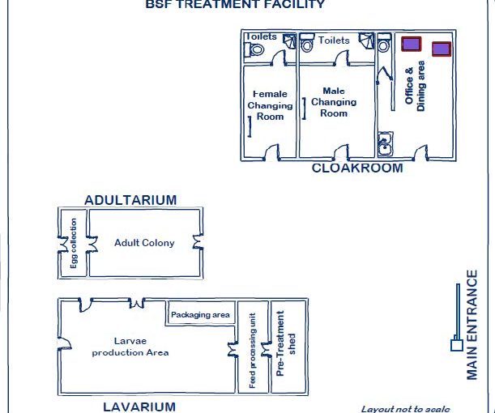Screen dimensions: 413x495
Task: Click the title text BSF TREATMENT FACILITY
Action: (235, 4)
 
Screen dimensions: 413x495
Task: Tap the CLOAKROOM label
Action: (357, 168)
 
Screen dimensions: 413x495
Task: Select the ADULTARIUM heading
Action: (130, 200)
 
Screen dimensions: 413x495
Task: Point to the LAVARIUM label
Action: (139, 406)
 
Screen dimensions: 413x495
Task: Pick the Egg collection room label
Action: (74, 243)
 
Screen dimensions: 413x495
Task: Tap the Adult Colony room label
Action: (144, 243)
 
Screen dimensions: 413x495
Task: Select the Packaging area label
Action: (200, 314)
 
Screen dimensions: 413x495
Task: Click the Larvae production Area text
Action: (130, 347)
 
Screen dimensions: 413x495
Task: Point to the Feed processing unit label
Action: (253, 350)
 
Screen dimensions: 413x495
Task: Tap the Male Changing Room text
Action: (334, 102)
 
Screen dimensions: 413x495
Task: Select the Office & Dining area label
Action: (415, 87)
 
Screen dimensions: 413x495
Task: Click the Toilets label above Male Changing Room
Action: (334, 40)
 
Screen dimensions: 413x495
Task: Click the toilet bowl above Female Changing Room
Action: (256, 49)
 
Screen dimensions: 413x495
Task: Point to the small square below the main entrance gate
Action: (456, 346)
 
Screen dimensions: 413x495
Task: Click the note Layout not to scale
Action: (405, 408)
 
